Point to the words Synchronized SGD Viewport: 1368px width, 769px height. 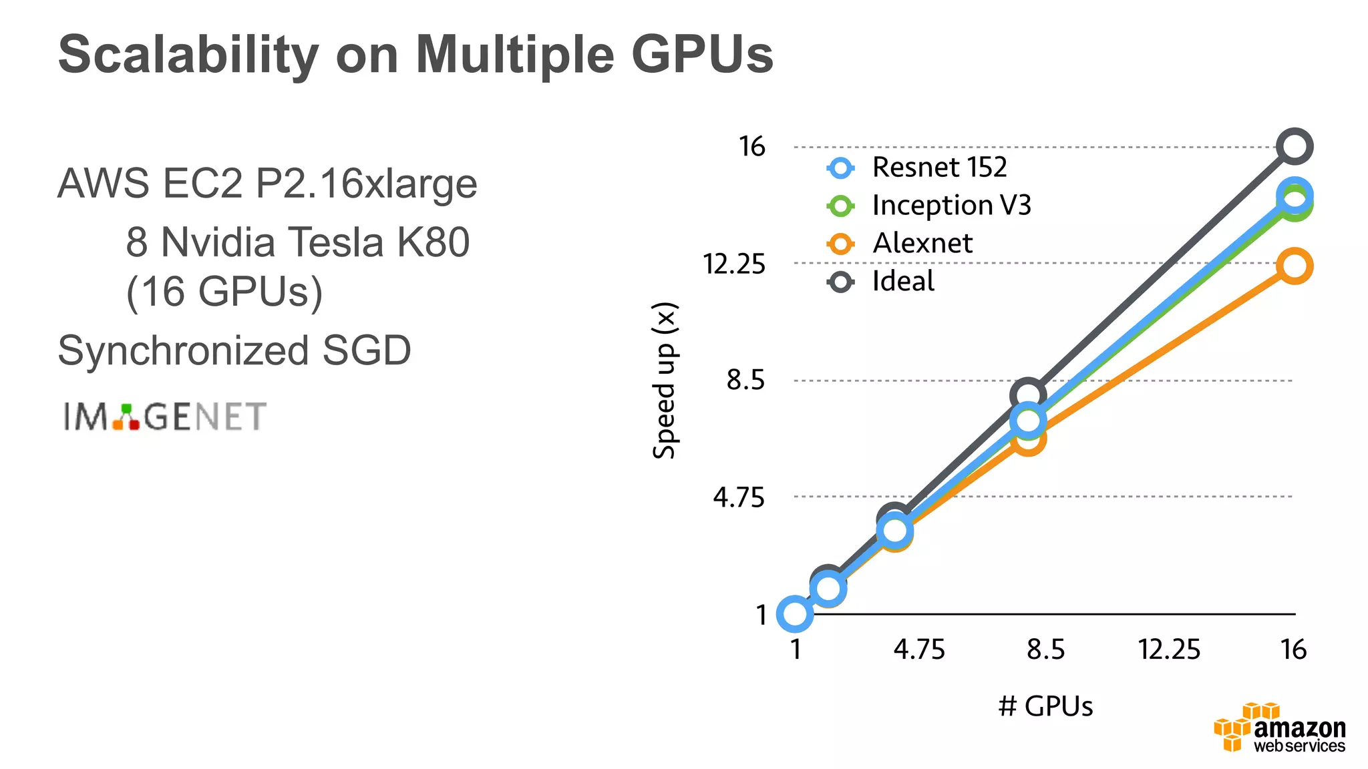(x=234, y=350)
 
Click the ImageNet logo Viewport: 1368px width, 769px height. (x=165, y=417)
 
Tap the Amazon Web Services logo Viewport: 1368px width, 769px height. (x=1280, y=729)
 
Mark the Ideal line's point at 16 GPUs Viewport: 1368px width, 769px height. (x=1294, y=146)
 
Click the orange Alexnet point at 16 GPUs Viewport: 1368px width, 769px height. (x=1294, y=266)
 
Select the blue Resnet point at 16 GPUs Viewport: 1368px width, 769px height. (x=1294, y=194)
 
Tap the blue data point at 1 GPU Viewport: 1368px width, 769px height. (x=795, y=613)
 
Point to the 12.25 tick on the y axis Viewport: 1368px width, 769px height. (x=734, y=264)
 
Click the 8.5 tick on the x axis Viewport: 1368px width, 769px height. (x=1045, y=649)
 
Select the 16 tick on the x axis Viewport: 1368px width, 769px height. (x=1293, y=649)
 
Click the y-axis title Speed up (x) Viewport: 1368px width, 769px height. (x=665, y=380)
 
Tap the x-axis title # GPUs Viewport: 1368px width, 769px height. (x=1045, y=706)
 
